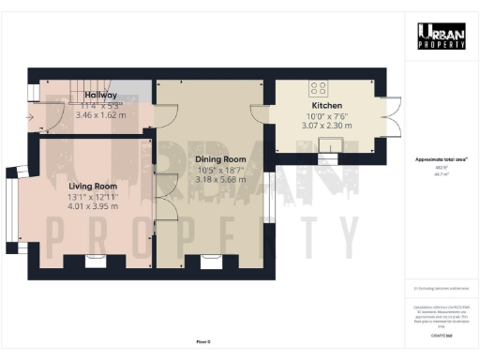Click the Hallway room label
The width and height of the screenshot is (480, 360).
[x=100, y=95]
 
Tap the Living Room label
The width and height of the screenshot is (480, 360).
[x=92, y=186]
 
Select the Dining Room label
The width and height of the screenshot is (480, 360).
[x=220, y=159]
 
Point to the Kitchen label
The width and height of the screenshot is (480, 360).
[x=326, y=106]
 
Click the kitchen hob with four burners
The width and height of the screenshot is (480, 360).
[x=320, y=89]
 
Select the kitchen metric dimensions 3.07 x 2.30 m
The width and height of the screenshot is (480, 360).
[x=326, y=125]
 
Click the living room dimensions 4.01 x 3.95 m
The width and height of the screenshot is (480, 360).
[x=92, y=207]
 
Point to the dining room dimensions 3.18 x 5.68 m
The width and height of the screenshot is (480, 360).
[x=220, y=181]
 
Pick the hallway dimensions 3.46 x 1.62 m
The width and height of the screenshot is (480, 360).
[x=100, y=115]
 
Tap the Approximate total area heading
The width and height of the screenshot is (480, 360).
[x=441, y=159]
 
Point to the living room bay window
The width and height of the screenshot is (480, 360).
[x=14, y=209]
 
